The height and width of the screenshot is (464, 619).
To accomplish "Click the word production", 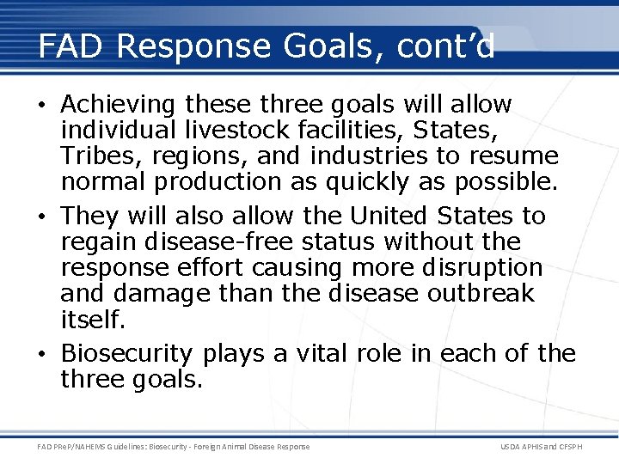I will pyautogui.click(x=219, y=183).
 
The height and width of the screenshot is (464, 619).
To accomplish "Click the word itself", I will pyautogui.click(x=90, y=319).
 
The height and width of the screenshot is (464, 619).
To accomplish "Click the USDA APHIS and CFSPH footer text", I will pyautogui.click(x=553, y=447).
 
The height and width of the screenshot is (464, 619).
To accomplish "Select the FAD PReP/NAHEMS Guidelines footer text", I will pyautogui.click(x=173, y=447).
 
